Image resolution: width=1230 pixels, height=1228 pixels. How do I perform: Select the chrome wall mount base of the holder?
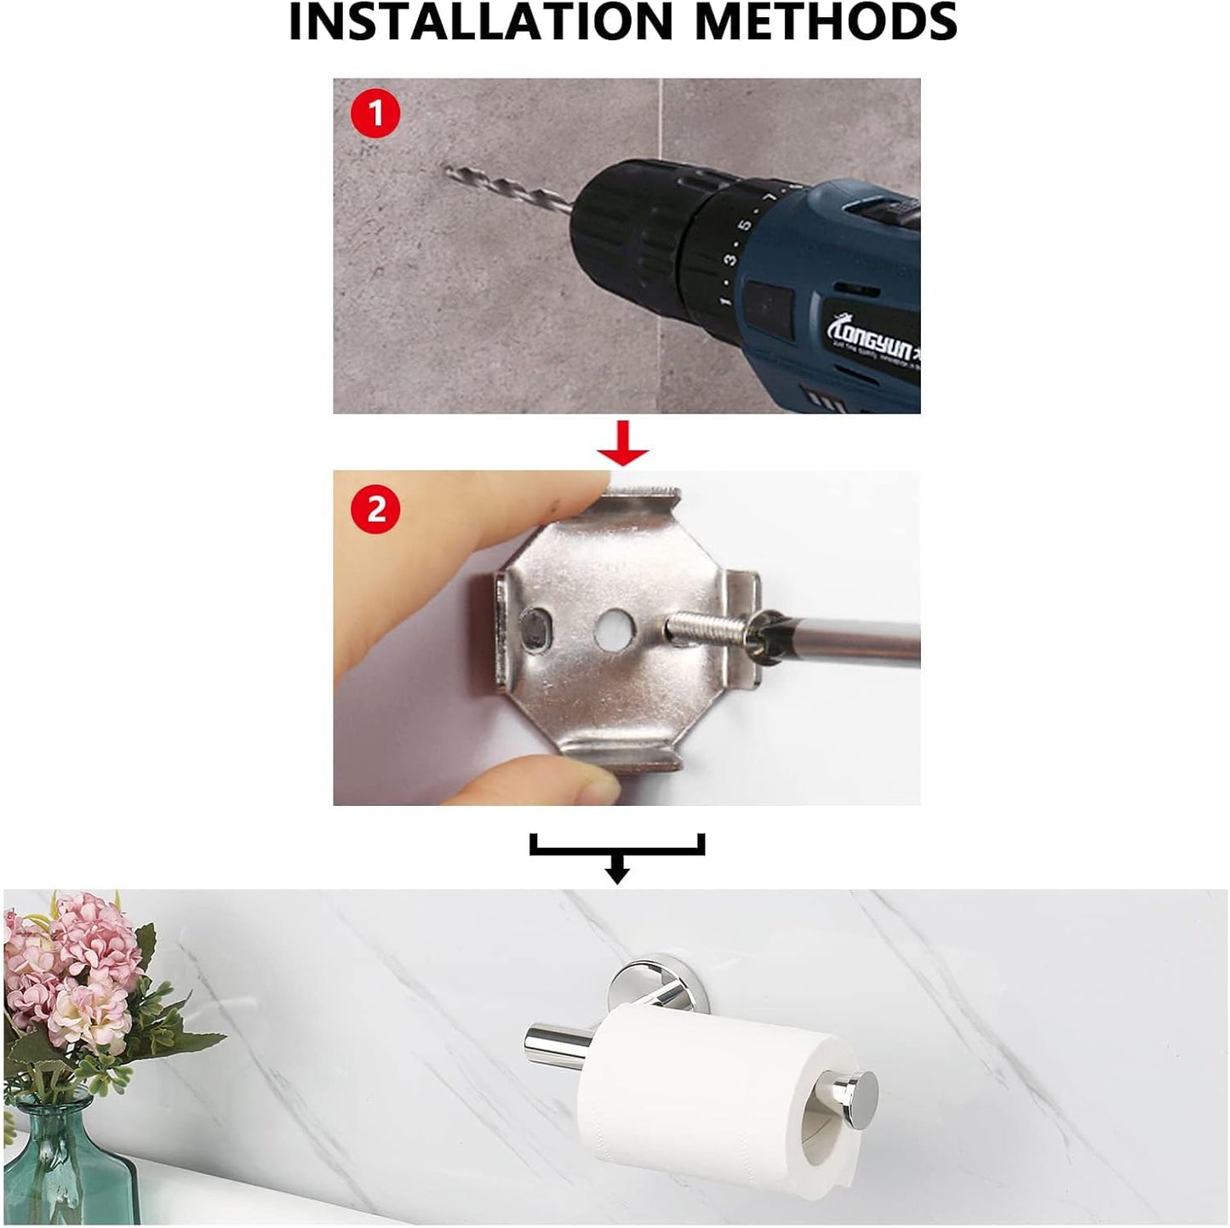pyautogui.click(x=647, y=987)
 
